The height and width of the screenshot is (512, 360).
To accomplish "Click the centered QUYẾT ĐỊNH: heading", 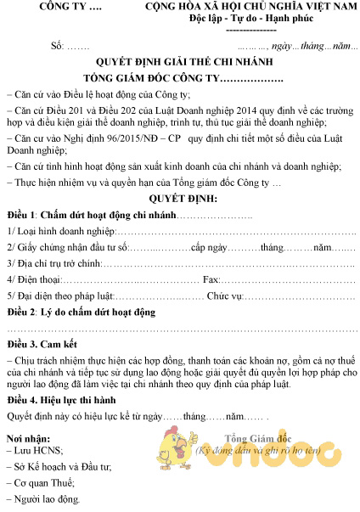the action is pos(180,197).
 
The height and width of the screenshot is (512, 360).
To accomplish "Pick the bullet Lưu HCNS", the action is pos(38,451).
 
